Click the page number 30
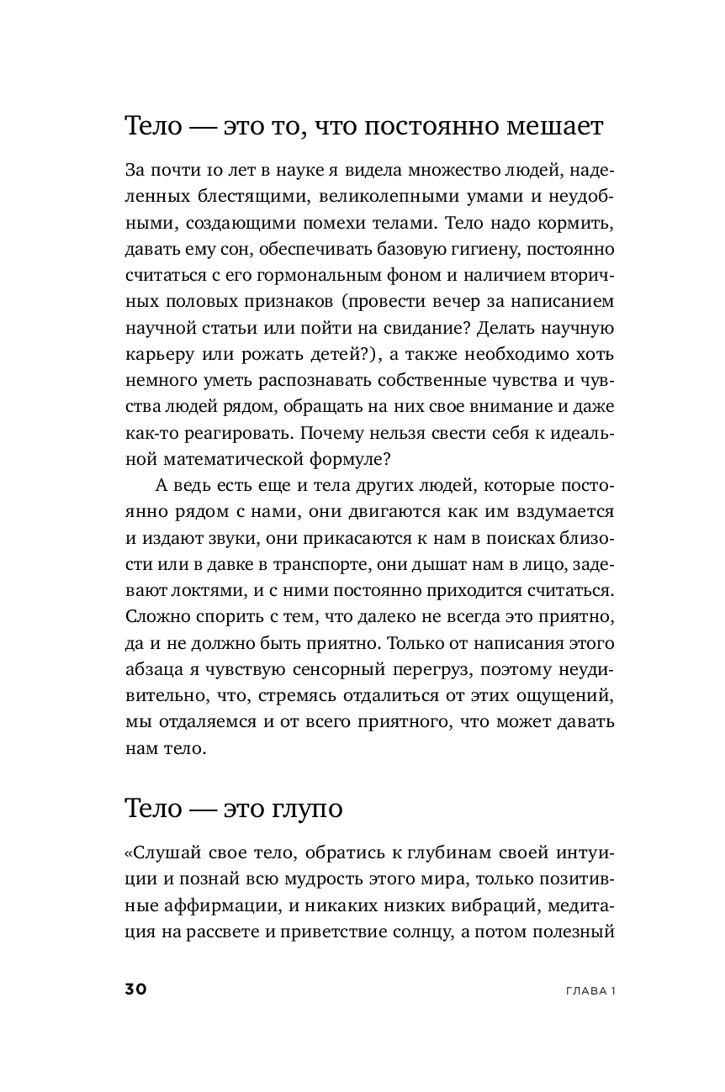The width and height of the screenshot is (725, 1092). [x=136, y=989]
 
